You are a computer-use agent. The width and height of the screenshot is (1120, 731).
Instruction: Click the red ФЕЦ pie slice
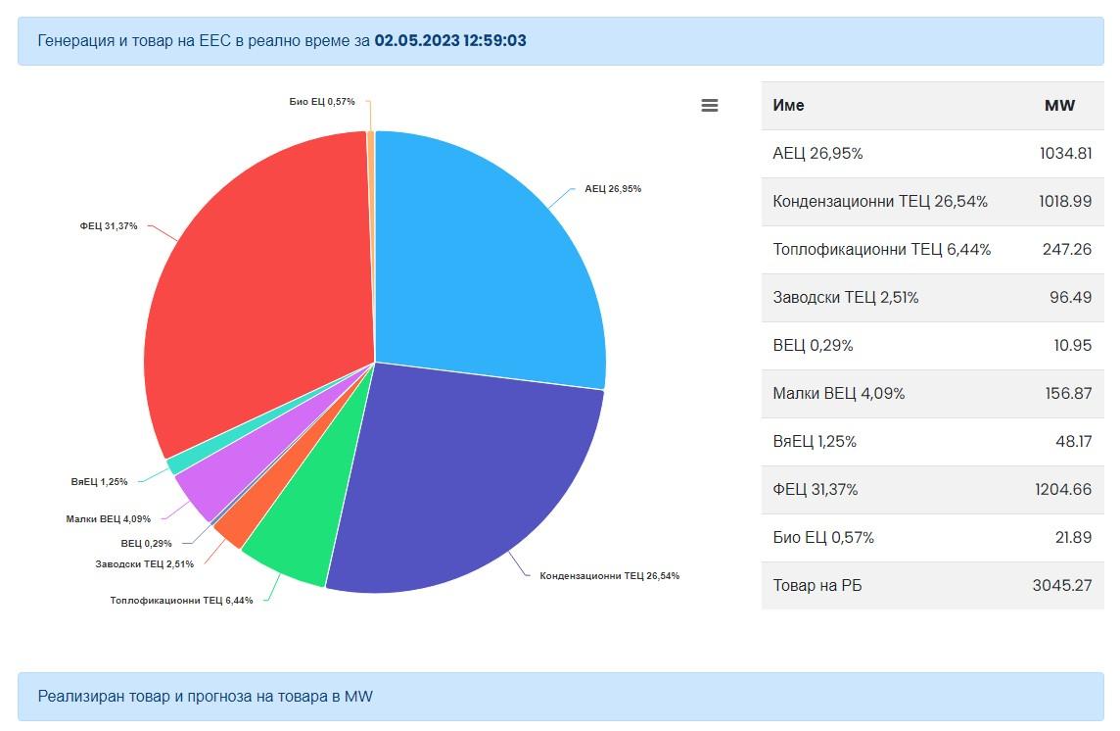click(255, 294)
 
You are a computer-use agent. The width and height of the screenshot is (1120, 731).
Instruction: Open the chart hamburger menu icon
click(710, 106)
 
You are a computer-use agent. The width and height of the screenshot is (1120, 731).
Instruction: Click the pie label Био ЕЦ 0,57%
click(322, 102)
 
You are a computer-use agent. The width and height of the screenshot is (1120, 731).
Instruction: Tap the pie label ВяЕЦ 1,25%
click(99, 482)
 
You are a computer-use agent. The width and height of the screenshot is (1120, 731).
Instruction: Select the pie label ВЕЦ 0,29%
click(147, 543)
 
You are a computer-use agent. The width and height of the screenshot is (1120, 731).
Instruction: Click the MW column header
click(1059, 106)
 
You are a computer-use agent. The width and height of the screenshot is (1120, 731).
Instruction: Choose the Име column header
click(788, 106)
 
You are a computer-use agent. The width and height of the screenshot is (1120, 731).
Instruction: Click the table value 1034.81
click(1065, 154)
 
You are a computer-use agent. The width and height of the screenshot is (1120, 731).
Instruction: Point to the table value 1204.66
click(1063, 490)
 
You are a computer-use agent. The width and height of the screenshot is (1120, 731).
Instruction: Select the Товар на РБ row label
click(817, 586)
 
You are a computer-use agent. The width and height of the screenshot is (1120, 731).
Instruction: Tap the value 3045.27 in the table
click(1062, 586)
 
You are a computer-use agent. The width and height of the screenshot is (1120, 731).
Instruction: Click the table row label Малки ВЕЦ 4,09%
click(839, 394)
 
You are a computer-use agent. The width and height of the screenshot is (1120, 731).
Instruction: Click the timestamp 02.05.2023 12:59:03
click(450, 41)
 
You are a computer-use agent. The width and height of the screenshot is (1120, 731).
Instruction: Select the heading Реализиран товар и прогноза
click(206, 697)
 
